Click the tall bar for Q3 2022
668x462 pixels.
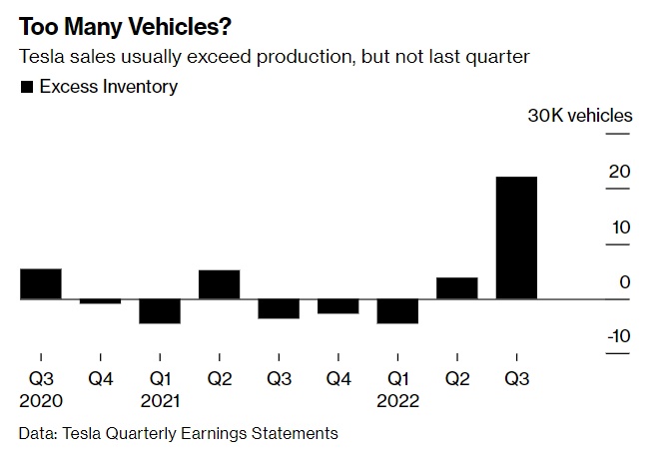[516, 237]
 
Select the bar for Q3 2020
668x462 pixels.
[41, 283]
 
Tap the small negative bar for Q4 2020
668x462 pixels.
[100, 300]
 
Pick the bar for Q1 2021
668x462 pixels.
[160, 311]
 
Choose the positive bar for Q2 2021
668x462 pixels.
[219, 284]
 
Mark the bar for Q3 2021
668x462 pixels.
[279, 308]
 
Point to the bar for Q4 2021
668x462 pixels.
[337, 306]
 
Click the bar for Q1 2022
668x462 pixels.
[397, 311]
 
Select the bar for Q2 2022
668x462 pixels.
[456, 288]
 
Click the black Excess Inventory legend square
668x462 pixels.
[26, 87]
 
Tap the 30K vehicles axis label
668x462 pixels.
[580, 116]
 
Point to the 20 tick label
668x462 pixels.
[620, 172]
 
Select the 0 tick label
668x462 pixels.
[625, 282]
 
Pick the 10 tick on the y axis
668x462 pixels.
[620, 228]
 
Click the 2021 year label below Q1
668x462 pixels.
[160, 401]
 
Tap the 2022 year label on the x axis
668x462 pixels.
[397, 401]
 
